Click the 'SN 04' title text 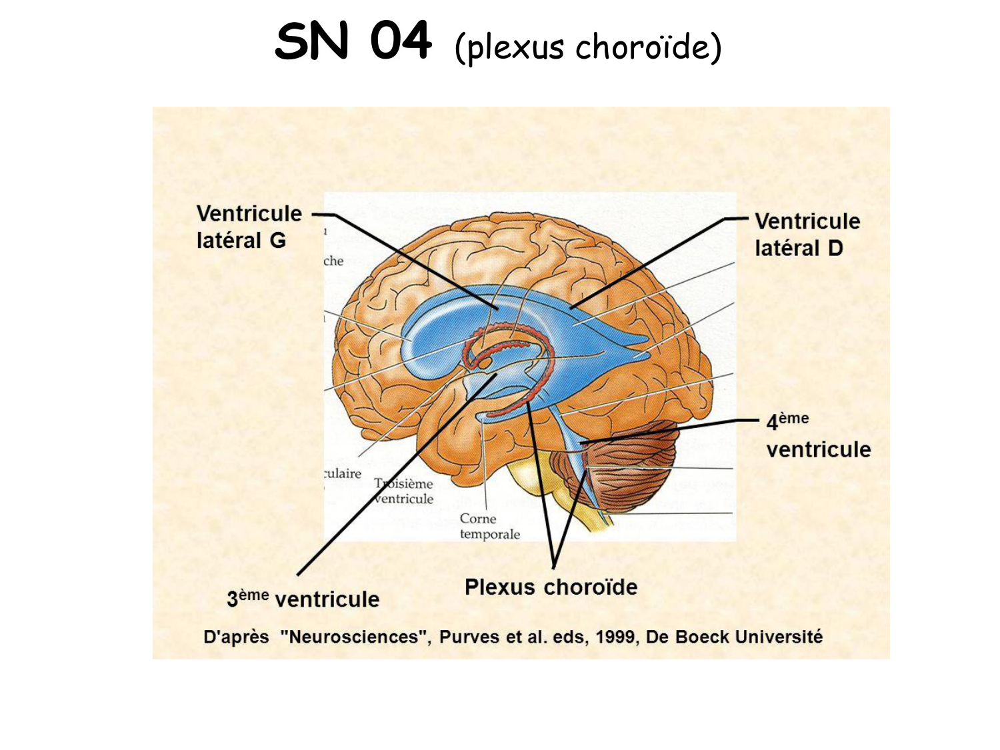(x=353, y=41)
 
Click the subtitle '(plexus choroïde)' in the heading (x=587, y=47)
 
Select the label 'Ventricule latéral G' (x=248, y=227)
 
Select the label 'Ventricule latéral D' (x=807, y=234)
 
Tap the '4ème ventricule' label (x=817, y=436)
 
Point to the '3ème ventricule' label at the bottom (x=303, y=599)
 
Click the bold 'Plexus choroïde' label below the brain (x=551, y=587)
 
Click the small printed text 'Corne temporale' (x=489, y=526)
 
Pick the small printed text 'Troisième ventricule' (x=404, y=491)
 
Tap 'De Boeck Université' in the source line (x=734, y=637)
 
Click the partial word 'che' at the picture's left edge (x=333, y=261)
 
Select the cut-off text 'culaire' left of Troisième (x=343, y=473)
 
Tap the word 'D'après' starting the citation (x=236, y=637)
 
